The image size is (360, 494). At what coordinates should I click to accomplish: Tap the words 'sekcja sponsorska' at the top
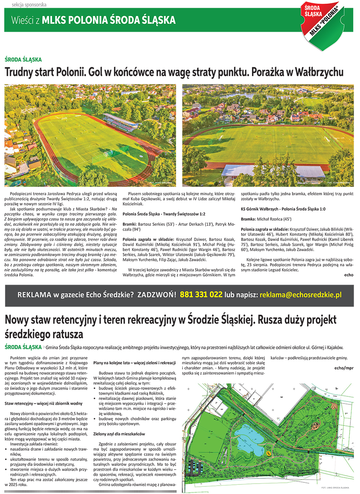tap(29, 4)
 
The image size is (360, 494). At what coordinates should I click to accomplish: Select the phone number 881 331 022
tap(201, 295)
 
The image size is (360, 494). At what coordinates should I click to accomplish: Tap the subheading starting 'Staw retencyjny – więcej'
tap(44, 404)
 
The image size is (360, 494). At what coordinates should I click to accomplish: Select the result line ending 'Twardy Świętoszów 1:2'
tap(164, 214)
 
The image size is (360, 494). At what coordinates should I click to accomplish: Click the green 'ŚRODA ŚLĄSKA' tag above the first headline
tap(23, 60)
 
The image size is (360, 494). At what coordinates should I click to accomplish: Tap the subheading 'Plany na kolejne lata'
tap(135, 362)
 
